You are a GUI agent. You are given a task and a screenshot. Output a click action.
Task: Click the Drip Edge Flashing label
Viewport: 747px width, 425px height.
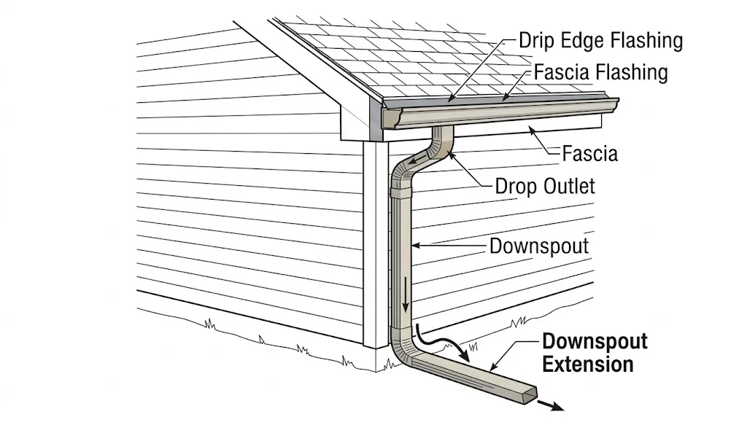click(600, 40)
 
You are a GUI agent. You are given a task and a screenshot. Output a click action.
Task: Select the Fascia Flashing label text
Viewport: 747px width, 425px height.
click(600, 72)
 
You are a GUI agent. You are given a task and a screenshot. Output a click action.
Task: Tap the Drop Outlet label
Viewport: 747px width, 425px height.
click(545, 186)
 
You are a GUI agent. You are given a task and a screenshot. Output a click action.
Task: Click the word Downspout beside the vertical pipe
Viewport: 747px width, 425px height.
click(538, 246)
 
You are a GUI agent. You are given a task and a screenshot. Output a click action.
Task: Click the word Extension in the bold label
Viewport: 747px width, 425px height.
click(588, 363)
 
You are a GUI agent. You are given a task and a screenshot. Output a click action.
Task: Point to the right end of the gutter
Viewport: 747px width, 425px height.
click(613, 106)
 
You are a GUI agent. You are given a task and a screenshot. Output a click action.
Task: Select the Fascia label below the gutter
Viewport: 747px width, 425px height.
click(589, 154)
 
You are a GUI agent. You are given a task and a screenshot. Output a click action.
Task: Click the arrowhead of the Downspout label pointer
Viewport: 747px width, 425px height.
click(414, 245)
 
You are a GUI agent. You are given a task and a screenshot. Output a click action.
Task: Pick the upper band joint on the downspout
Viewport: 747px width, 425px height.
click(401, 194)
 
